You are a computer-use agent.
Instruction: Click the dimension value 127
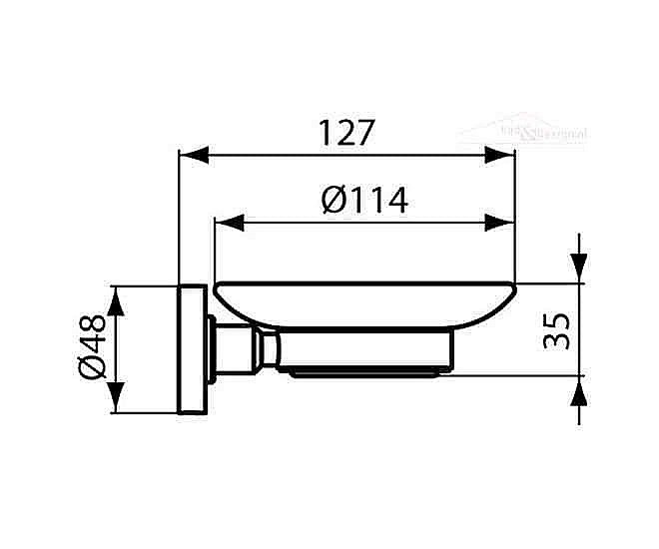[345, 133]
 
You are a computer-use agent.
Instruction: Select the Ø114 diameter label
[365, 200]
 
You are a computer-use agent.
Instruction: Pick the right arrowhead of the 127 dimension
[502, 155]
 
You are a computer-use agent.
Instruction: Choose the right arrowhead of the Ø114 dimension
[502, 222]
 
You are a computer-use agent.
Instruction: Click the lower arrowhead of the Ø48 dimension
[118, 398]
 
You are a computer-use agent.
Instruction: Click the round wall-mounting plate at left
[192, 349]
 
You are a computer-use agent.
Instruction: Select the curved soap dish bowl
[364, 303]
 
